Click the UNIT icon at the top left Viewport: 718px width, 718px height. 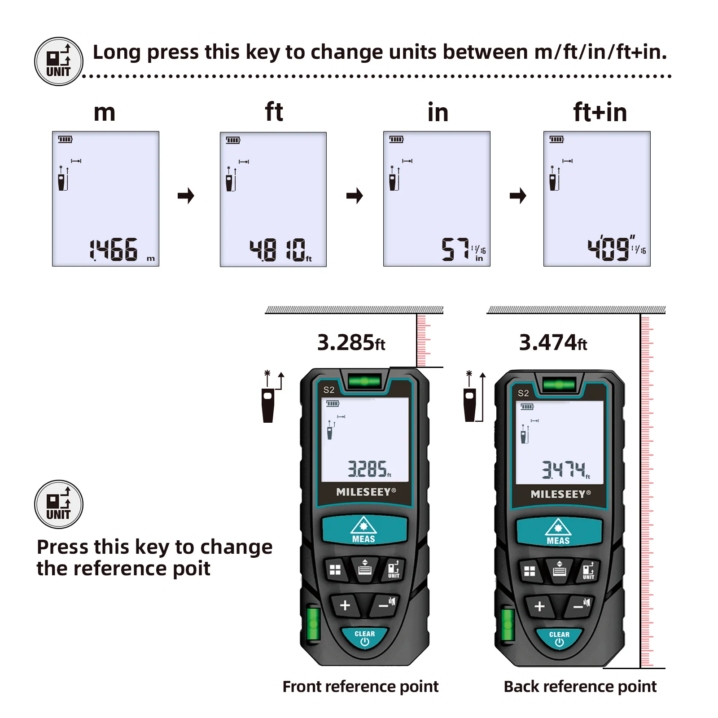(x=59, y=61)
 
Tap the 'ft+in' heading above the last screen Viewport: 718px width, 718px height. (x=600, y=112)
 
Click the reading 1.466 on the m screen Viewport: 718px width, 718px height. (x=114, y=250)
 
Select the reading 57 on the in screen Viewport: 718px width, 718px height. (x=455, y=250)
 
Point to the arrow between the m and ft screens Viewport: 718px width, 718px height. (x=186, y=196)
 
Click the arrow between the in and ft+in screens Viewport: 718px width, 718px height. (x=517, y=196)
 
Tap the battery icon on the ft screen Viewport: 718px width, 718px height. (x=233, y=140)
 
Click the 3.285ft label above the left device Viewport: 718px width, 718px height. (x=351, y=343)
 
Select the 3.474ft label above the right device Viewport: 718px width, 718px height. (x=553, y=343)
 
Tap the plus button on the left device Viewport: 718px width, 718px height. (x=345, y=605)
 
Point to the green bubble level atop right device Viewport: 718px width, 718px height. (x=559, y=385)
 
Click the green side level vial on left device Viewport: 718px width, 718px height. (x=313, y=623)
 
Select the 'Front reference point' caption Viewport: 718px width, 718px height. (x=360, y=687)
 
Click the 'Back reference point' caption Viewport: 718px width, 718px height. (x=580, y=687)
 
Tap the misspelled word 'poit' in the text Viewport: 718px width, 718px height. (x=192, y=569)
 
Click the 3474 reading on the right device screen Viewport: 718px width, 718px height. (x=564, y=470)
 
